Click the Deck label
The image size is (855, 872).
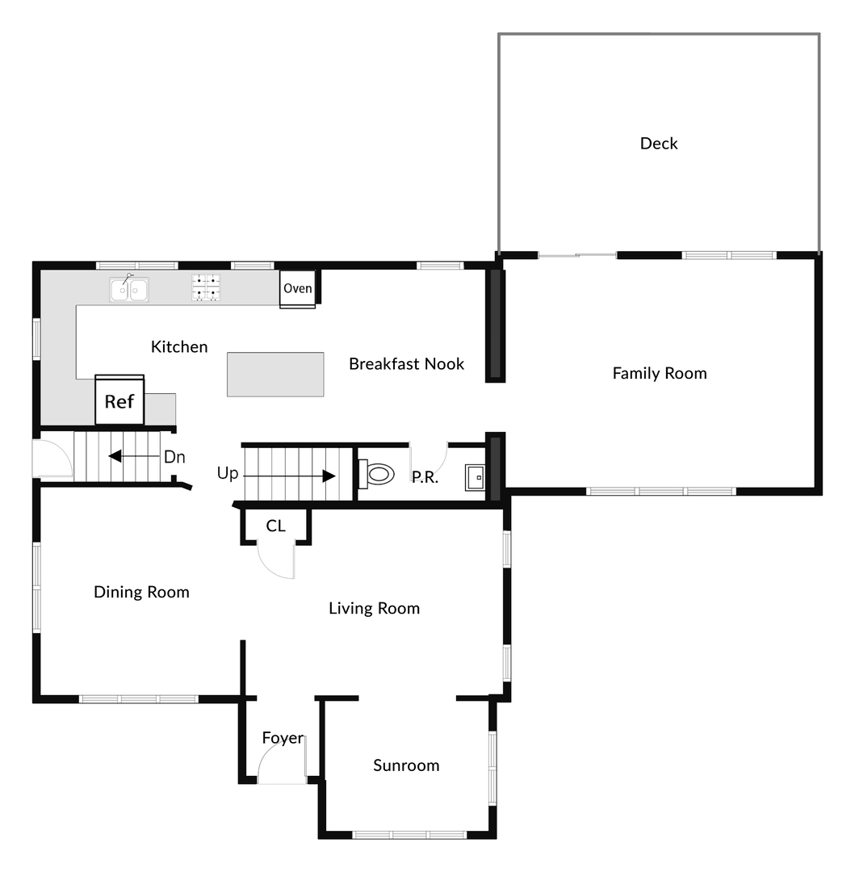click(x=659, y=144)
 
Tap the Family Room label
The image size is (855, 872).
click(x=660, y=373)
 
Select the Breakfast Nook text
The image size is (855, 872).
click(x=406, y=364)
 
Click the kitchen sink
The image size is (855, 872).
click(x=129, y=288)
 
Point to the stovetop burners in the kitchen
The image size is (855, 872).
click(x=206, y=287)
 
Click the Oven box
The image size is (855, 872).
click(x=298, y=289)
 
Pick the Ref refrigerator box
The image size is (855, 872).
click(x=119, y=400)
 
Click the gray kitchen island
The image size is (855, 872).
click(x=275, y=374)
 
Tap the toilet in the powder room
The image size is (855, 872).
click(x=376, y=474)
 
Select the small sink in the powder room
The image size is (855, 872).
click(x=475, y=478)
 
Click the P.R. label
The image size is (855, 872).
click(x=425, y=477)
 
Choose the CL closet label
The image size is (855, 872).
click(x=275, y=526)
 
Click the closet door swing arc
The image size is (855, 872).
click(x=279, y=564)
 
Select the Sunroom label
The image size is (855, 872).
click(x=406, y=765)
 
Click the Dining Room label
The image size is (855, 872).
click(x=141, y=592)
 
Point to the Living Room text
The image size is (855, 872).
click(x=374, y=608)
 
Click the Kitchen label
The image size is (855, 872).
click(x=179, y=347)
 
